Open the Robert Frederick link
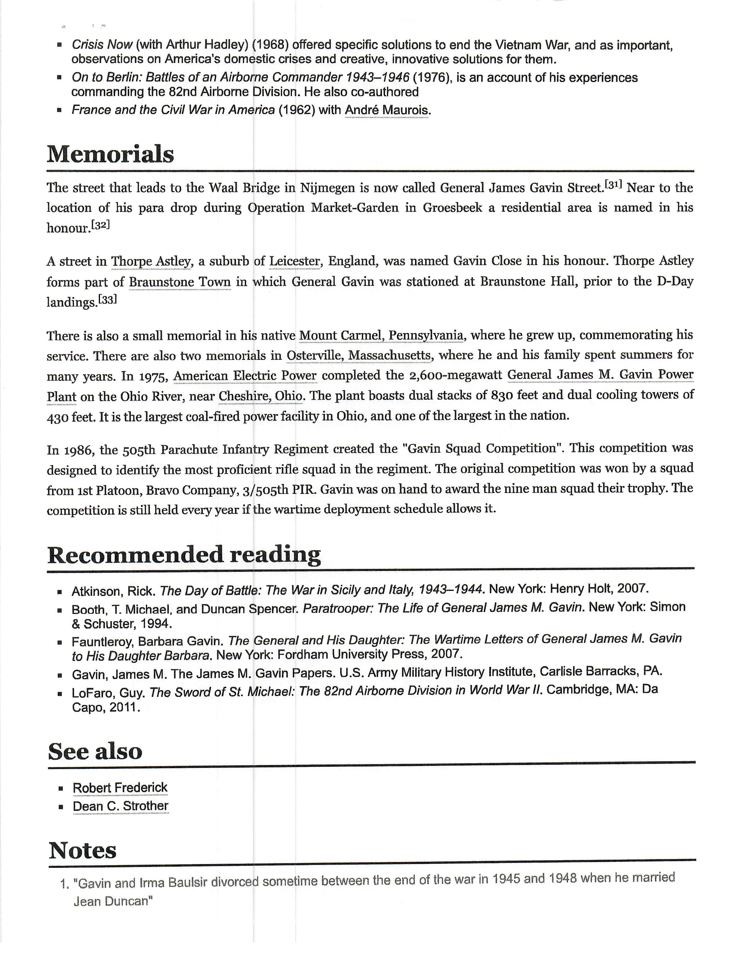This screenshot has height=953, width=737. [x=120, y=788]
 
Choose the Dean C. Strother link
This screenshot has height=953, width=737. [x=121, y=806]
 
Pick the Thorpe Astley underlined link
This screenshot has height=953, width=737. [x=151, y=261]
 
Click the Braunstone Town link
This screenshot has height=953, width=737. [x=179, y=282]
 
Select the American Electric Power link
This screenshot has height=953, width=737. [x=245, y=376]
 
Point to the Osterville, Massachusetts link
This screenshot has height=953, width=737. [x=359, y=355]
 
